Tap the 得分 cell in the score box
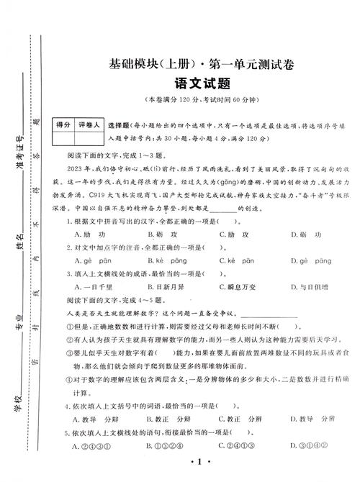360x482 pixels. [63, 125]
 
